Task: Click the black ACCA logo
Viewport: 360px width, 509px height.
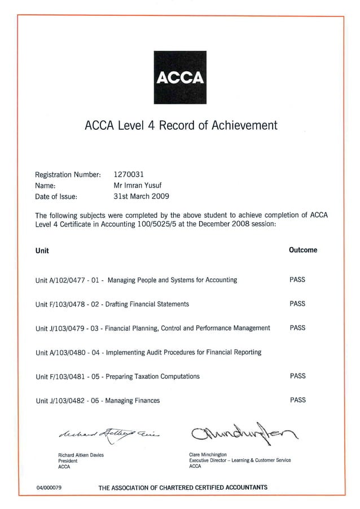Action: click(180, 77)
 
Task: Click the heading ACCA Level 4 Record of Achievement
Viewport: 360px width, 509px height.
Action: click(181, 125)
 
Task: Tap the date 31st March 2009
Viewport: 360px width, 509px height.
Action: click(141, 196)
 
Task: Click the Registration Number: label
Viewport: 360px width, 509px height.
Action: click(68, 174)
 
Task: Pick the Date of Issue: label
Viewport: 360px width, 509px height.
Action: click(56, 197)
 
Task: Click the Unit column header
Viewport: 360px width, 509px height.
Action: click(42, 251)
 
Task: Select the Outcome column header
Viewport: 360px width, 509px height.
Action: click(303, 250)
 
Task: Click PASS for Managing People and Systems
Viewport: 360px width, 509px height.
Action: click(297, 279)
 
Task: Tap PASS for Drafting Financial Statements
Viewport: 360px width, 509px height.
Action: click(297, 304)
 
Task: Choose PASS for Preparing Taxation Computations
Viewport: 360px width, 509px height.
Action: click(297, 376)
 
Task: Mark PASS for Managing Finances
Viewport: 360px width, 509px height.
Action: click(297, 400)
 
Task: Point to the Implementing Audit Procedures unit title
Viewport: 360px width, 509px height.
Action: click(184, 352)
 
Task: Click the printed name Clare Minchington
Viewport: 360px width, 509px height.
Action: click(208, 454)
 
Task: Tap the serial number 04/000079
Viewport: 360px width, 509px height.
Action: click(49, 488)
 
